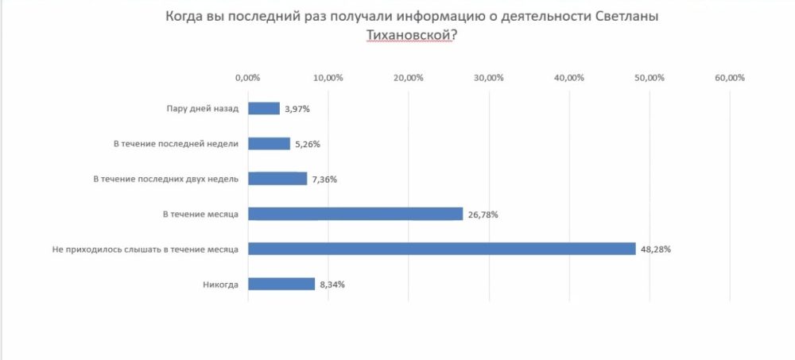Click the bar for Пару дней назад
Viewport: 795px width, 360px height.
click(264, 108)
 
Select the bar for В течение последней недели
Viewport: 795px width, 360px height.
click(270, 144)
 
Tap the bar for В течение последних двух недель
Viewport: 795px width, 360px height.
click(277, 179)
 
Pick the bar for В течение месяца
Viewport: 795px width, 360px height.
click(355, 214)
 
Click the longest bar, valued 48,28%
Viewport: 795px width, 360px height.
click(442, 249)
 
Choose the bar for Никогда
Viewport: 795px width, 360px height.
click(281, 284)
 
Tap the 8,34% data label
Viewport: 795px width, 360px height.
click(332, 285)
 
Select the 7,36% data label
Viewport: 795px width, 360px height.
click(324, 180)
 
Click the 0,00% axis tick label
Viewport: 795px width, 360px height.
click(248, 78)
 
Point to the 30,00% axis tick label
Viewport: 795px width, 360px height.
click(489, 78)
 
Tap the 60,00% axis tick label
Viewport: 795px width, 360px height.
click(730, 78)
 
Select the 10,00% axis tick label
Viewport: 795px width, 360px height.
click(328, 78)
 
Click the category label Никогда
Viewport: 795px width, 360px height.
click(222, 284)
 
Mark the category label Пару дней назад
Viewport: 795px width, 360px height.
click(202, 109)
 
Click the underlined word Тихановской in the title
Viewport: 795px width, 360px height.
click(409, 36)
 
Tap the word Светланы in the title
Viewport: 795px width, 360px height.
click(627, 17)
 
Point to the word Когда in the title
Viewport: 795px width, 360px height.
click(185, 17)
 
